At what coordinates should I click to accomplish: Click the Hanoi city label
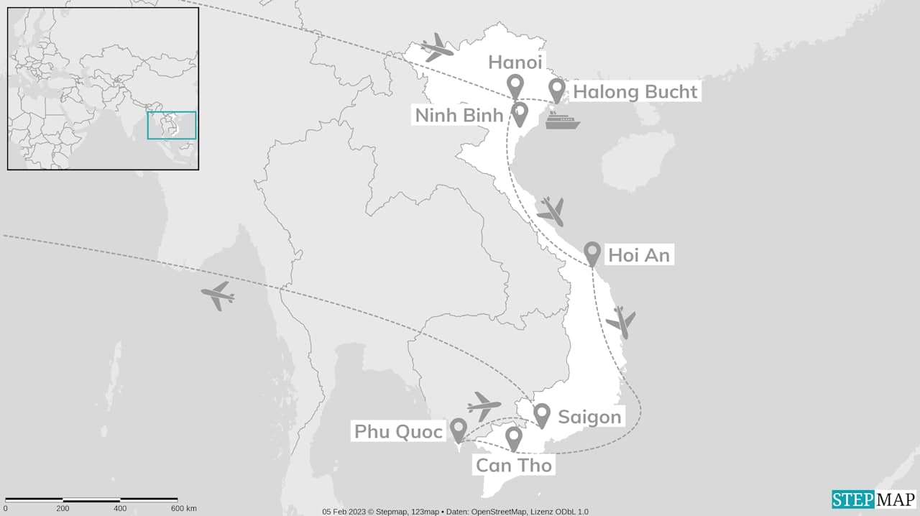coord(515,62)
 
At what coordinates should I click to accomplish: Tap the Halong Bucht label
coord(635,91)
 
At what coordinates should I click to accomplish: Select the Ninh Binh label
coord(458,114)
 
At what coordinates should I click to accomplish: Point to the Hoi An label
coord(638,254)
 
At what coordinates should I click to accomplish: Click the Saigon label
coord(589,417)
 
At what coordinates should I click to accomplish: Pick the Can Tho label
coord(513,465)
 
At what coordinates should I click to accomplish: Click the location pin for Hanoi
coord(515,86)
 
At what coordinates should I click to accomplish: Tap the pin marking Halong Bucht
coord(556,90)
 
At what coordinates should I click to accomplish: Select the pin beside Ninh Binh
coord(520,113)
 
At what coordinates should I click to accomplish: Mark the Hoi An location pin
coord(592,252)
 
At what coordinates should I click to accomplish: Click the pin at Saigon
coord(542,414)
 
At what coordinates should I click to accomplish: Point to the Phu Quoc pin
coord(459,430)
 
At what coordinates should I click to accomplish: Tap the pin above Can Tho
coord(513,438)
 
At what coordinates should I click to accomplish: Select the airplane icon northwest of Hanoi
coord(437,47)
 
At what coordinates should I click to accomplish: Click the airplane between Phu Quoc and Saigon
coord(484,406)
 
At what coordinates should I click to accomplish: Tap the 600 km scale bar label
coord(183,509)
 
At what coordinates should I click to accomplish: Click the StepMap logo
coord(873,499)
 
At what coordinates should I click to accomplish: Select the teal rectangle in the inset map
coord(172,125)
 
